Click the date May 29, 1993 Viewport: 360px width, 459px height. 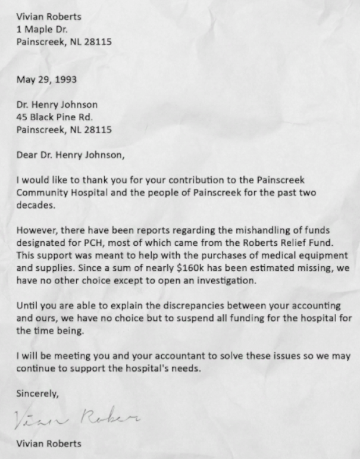point(46,79)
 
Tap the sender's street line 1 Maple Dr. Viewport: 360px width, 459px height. point(42,29)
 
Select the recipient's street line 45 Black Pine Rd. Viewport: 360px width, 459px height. point(54,117)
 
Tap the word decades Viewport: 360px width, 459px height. point(36,205)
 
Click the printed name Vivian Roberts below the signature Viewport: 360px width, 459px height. point(49,444)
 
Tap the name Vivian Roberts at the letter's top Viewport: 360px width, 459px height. point(49,17)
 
